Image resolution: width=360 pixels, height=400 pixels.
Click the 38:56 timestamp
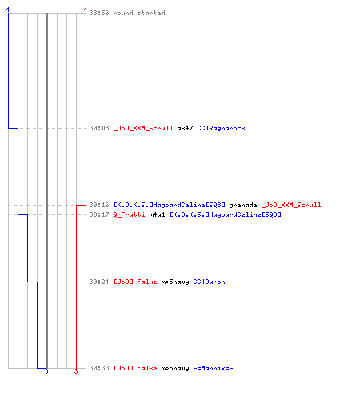click(99, 13)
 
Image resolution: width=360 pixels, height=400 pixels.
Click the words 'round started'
click(139, 13)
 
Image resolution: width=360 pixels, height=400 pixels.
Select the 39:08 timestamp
click(99, 128)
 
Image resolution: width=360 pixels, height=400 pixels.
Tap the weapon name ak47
click(185, 128)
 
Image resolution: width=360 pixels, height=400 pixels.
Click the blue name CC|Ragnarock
click(221, 128)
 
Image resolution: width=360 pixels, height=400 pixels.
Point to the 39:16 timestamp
click(99, 205)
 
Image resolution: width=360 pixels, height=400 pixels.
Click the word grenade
click(243, 205)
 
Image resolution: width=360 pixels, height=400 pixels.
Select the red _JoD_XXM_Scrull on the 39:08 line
click(143, 128)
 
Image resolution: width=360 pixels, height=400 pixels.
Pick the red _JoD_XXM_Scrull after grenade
click(291, 205)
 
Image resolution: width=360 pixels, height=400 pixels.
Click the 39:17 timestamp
click(99, 214)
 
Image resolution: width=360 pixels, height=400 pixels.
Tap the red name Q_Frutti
click(130, 214)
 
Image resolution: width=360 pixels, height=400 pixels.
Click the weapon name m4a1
click(157, 214)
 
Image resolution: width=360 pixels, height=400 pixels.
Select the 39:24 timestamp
click(99, 282)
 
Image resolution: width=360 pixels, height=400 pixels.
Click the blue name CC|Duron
click(209, 282)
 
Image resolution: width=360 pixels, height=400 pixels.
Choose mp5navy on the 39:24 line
click(175, 282)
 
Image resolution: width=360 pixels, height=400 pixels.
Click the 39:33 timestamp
click(99, 368)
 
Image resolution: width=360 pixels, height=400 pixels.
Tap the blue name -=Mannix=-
click(213, 368)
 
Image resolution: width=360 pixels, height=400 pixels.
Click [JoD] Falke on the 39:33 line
click(135, 368)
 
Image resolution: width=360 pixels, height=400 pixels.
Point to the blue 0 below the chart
click(46, 371)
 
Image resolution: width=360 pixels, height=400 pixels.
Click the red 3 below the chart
click(76, 371)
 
